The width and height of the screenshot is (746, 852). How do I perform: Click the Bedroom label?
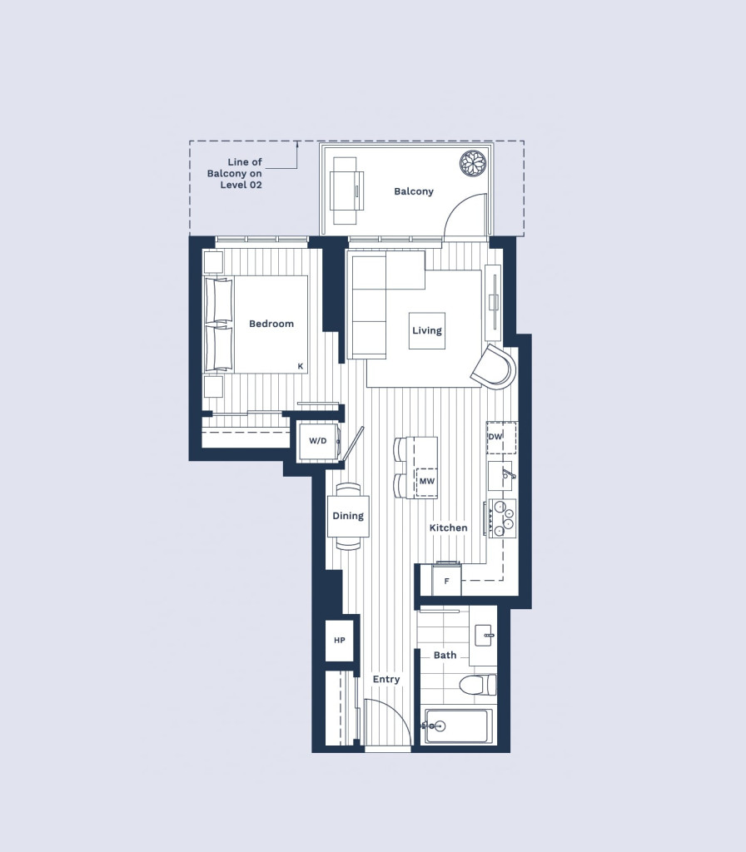(271, 324)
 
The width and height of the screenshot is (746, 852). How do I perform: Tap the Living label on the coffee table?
(427, 330)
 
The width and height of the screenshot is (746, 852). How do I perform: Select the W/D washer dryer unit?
(319, 441)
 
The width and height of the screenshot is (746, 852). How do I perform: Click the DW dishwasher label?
(495, 436)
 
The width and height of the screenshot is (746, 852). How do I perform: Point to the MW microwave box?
(427, 482)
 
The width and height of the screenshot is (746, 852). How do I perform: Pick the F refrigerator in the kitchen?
(446, 580)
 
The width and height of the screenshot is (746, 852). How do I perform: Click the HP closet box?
(340, 641)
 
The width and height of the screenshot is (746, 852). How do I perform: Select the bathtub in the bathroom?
(459, 726)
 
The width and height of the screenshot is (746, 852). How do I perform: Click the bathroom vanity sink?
(484, 635)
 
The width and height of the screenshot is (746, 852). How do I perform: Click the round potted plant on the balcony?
(473, 164)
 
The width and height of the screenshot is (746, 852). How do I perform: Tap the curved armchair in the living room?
(493, 366)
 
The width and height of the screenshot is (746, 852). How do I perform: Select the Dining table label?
(348, 516)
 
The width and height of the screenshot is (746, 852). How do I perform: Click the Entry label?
(386, 680)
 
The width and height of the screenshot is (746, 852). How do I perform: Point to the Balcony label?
(414, 191)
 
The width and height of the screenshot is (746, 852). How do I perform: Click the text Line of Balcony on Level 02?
(235, 173)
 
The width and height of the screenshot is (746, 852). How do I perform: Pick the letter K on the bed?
(300, 367)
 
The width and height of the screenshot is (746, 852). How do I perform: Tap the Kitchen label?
(449, 528)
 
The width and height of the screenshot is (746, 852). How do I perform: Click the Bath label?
(445, 656)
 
